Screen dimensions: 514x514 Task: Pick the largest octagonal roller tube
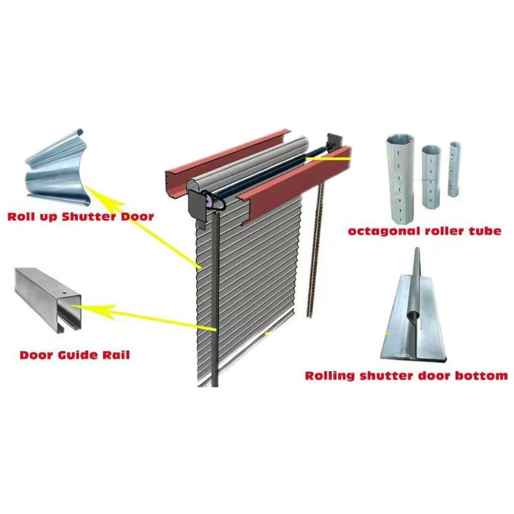(x=400, y=177)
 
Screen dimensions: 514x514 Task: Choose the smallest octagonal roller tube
(x=454, y=169)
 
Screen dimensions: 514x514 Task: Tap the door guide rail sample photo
(x=48, y=300)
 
